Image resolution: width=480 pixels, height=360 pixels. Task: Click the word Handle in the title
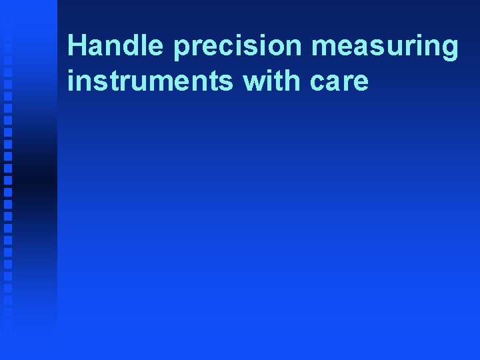115,46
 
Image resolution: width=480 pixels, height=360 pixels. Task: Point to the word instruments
151,81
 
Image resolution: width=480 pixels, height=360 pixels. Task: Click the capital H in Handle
77,46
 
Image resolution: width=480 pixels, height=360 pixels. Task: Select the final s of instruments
229,82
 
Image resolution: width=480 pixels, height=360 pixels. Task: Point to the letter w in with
255,81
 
